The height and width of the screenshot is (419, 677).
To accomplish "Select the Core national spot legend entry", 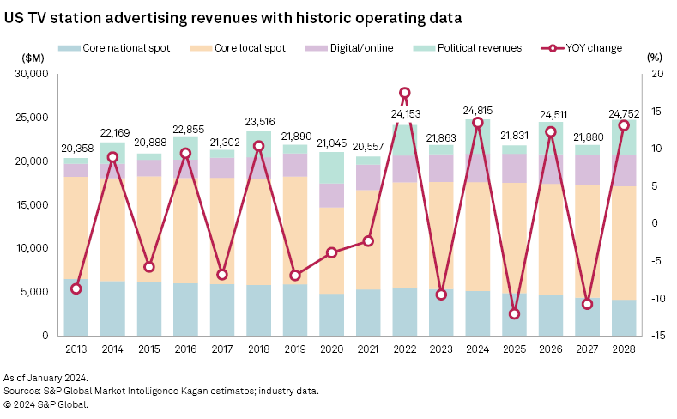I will (115, 48).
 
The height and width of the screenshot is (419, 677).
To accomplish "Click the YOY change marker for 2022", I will (405, 93).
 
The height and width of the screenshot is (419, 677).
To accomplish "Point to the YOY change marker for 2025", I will (515, 313).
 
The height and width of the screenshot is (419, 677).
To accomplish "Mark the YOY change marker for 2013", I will (76, 288).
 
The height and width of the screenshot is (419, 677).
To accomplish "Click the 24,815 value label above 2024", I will (478, 110).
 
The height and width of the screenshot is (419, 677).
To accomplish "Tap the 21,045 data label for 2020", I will (332, 143).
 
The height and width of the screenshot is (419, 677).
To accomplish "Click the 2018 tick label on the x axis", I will (259, 349).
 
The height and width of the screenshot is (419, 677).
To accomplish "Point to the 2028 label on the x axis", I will (625, 349).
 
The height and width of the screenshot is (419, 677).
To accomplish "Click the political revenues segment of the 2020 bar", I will (332, 168).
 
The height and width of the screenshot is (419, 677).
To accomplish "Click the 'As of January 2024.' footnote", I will (45, 378).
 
